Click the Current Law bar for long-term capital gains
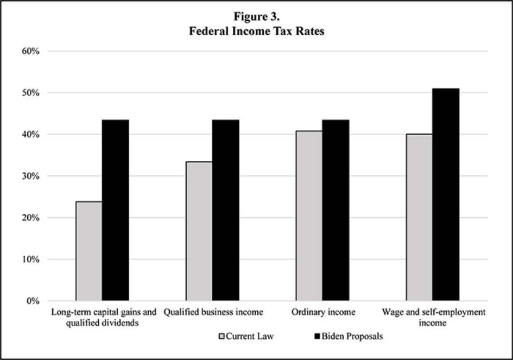click(89, 251)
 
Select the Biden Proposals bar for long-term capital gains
click(116, 210)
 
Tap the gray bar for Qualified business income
click(199, 231)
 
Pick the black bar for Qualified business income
click(225, 210)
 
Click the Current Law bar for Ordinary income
click(309, 216)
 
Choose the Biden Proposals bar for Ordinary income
click(335, 210)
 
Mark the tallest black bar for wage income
click(446, 194)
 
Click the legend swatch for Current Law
click(221, 337)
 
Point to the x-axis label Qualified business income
click(213, 312)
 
